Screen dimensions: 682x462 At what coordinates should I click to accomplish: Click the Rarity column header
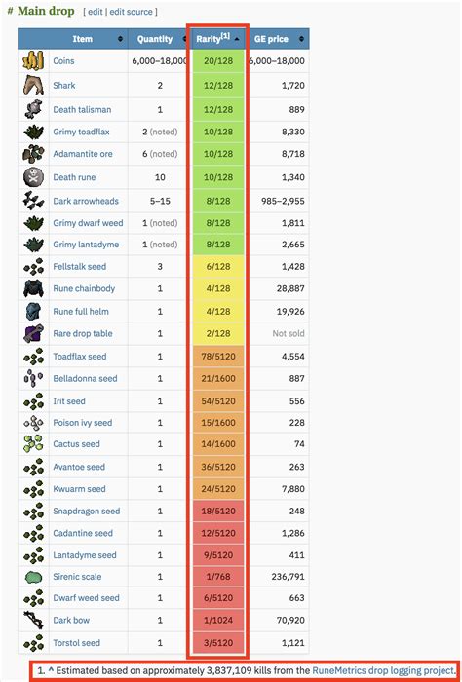212,39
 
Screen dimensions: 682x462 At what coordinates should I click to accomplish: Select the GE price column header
273,39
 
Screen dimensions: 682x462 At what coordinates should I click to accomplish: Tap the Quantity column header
155,39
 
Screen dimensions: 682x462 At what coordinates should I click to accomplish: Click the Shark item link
64,86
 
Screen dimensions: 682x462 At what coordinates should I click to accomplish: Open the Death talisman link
82,110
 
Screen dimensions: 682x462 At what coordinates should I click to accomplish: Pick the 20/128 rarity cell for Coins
217,60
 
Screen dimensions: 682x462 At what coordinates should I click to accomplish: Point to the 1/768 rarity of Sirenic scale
217,577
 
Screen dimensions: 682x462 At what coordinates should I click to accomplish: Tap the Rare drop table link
87,333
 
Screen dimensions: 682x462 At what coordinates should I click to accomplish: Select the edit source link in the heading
133,11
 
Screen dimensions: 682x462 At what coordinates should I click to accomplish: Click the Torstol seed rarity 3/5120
217,643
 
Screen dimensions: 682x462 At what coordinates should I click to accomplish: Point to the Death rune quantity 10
159,177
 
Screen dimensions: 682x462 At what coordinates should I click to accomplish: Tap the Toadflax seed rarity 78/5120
217,357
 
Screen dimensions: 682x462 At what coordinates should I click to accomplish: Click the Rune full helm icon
33,311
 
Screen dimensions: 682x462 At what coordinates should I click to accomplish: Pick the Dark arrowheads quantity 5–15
159,201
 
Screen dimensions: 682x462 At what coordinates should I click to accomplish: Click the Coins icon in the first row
33,60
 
